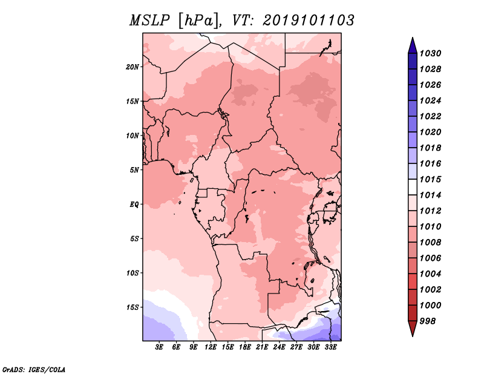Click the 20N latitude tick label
point(132,67)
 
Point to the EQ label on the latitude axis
point(134,205)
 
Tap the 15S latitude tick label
point(132,307)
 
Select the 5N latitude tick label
point(134,170)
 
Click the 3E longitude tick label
point(159,347)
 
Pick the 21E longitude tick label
point(262,347)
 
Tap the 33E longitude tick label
point(330,347)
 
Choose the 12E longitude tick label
point(211,347)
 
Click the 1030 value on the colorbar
point(431,53)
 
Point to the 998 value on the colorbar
point(428,321)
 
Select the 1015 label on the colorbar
point(431,179)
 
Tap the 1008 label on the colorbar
point(431,243)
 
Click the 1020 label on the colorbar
point(431,132)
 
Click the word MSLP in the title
point(149,21)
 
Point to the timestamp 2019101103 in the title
point(309,21)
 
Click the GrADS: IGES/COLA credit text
point(34,369)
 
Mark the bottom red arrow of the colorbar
point(413,327)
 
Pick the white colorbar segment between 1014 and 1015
point(413,187)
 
